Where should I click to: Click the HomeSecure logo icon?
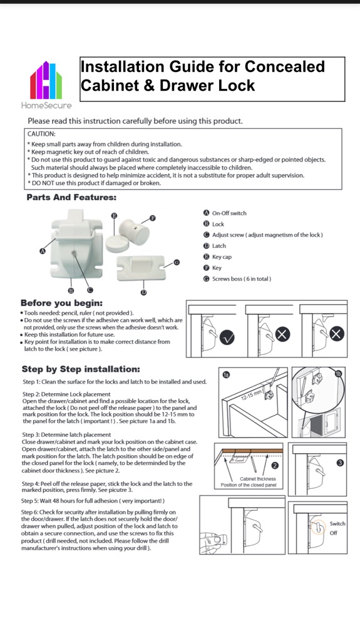click(46, 80)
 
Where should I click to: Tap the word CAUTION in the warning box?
click(41, 134)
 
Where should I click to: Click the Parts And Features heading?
click(71, 197)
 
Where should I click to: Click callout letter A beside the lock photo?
click(42, 251)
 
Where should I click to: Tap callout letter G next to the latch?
click(177, 262)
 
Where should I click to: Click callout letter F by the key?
click(153, 218)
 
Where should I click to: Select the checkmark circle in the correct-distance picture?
click(227, 337)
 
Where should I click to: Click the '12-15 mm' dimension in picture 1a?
click(251, 395)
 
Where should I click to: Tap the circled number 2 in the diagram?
click(275, 465)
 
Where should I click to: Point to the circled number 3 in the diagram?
click(340, 463)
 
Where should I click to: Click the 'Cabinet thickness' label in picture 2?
click(258, 479)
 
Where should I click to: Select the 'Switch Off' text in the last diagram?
click(337, 528)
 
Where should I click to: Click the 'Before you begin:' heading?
click(61, 304)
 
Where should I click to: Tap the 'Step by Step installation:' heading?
click(81, 369)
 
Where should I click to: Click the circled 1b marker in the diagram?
click(338, 374)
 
